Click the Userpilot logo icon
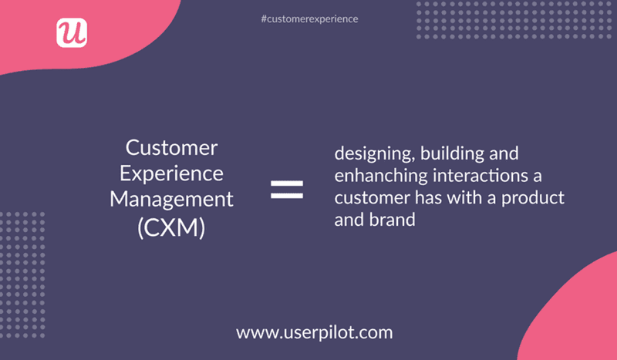coord(72,32)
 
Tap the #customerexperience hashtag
coord(309,18)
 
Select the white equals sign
coord(287,189)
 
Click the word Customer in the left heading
coord(171,147)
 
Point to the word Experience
coord(171,173)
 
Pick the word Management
coord(171,199)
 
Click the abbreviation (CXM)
coord(171,227)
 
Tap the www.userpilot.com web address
coord(315,333)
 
